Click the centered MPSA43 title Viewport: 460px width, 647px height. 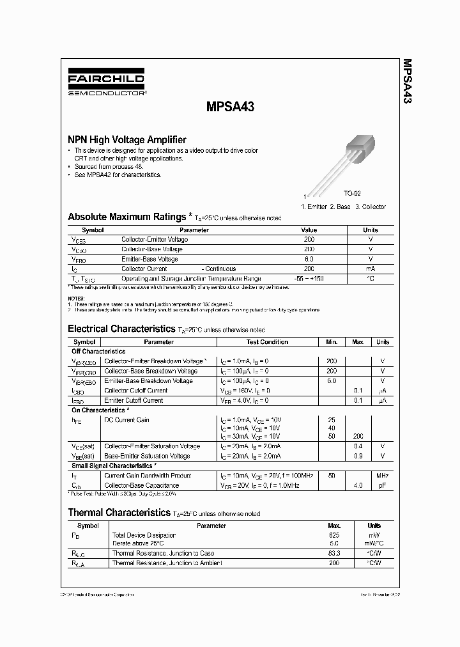click(230, 107)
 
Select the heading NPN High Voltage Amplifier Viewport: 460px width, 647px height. click(127, 139)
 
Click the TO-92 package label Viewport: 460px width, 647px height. click(352, 193)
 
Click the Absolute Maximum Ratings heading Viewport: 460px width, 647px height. click(127, 217)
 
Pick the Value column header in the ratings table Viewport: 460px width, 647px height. click(309, 230)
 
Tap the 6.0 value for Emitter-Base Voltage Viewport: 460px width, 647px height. click(309, 259)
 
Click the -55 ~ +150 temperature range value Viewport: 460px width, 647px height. click(309, 279)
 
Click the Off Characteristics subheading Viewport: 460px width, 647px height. click(98, 352)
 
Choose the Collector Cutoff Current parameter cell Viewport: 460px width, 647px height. click(135, 391)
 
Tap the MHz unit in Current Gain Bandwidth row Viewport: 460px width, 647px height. click(382, 476)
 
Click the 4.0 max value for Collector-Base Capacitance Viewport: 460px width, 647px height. click(358, 485)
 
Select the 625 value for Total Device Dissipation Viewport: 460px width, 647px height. click(333, 534)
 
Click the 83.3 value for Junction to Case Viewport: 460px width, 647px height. click(333, 553)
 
